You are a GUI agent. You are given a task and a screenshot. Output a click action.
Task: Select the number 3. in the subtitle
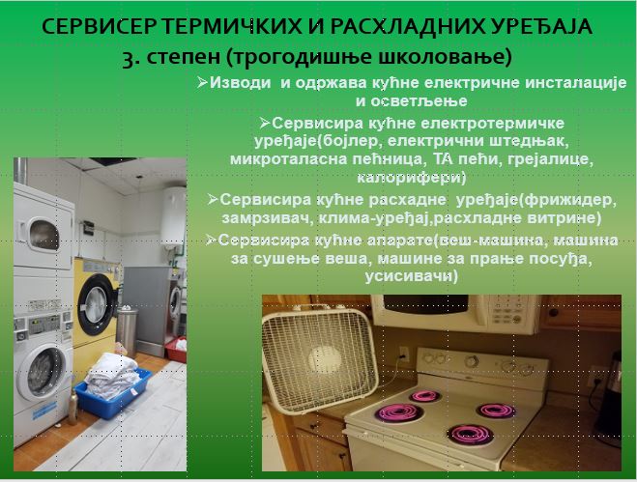[131, 58]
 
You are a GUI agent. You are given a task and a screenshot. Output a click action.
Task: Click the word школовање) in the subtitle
[446, 57]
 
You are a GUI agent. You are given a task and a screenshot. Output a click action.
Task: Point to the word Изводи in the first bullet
[240, 83]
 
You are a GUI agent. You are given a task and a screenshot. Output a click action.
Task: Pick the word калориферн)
[412, 178]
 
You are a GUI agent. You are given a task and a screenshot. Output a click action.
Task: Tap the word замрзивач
[266, 218]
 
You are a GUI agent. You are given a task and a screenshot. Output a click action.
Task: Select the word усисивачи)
[412, 276]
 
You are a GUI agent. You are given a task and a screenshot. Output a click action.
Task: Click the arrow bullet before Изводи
[202, 82]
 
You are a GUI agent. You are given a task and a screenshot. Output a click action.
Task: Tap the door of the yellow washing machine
[97, 303]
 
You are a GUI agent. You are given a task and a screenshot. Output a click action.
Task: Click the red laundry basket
[176, 350]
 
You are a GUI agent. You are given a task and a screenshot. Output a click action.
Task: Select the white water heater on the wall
[175, 218]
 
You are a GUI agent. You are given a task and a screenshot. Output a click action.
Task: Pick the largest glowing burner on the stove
[399, 413]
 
